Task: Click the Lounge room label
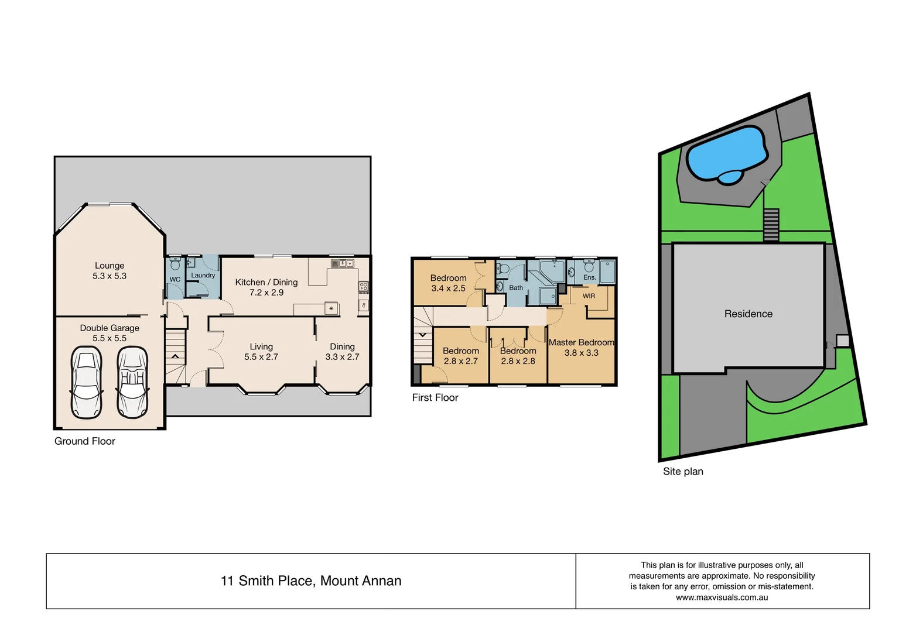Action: (x=110, y=266)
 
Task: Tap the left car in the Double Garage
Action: (x=86, y=382)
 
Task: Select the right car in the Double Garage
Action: (x=132, y=382)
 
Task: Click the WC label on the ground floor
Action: (x=175, y=280)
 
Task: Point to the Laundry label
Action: (x=203, y=276)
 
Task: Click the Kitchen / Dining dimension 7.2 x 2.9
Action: (x=266, y=293)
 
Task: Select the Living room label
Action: (x=261, y=346)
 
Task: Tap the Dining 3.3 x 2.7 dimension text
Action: (x=342, y=357)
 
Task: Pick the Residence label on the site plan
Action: (x=748, y=314)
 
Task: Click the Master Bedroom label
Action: (x=581, y=342)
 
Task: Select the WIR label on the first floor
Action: (x=589, y=296)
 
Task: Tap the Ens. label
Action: (x=589, y=277)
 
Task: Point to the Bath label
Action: (x=516, y=288)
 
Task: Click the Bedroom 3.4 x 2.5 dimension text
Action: (x=448, y=288)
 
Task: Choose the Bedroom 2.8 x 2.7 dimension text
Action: (x=460, y=361)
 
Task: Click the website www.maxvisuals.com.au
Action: (x=722, y=597)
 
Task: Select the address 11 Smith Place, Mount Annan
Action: (x=311, y=581)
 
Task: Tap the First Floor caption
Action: (x=435, y=398)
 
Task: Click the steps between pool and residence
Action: (x=771, y=225)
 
